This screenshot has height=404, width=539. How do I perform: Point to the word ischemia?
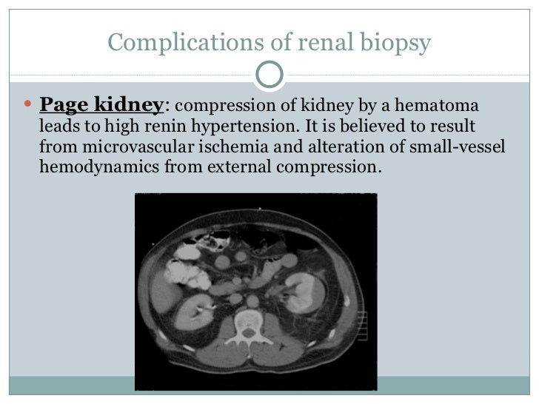point(212,147)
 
